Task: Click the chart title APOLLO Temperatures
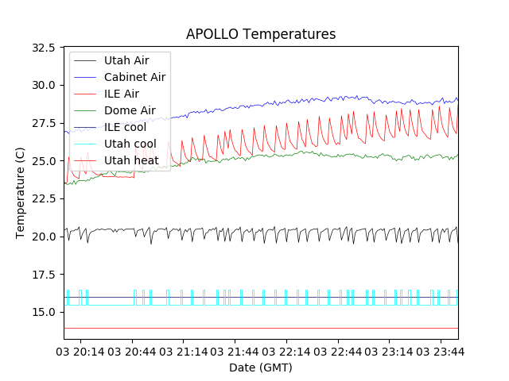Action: click(x=261, y=34)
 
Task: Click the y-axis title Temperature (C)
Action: click(x=21, y=193)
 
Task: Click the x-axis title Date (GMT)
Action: click(x=261, y=368)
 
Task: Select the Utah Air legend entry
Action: click(x=126, y=60)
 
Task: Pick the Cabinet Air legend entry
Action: click(x=134, y=77)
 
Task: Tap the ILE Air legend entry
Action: click(x=122, y=94)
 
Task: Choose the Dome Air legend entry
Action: click(x=130, y=110)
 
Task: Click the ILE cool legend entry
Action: click(x=125, y=127)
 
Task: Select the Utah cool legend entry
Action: click(x=130, y=144)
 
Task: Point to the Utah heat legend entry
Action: click(x=131, y=160)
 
